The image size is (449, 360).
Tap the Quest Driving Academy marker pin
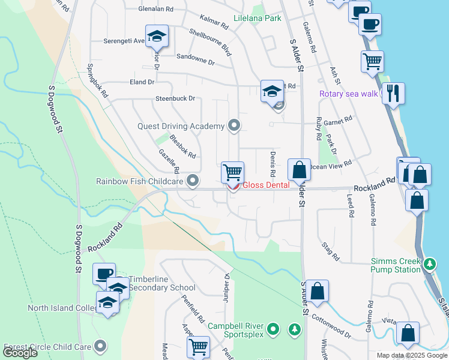(234, 126)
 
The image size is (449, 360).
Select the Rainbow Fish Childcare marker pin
(193, 181)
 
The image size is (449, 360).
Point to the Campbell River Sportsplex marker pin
(274, 329)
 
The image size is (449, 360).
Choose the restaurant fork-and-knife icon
(393, 94)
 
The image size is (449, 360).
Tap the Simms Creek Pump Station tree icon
(429, 263)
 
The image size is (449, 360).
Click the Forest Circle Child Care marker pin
(101, 346)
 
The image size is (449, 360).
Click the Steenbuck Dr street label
(175, 98)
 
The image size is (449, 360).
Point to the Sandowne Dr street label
(195, 61)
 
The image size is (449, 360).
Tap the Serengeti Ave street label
(123, 41)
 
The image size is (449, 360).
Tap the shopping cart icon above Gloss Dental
(232, 172)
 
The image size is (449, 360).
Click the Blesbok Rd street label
(182, 146)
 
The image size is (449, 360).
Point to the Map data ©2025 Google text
(411, 355)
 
